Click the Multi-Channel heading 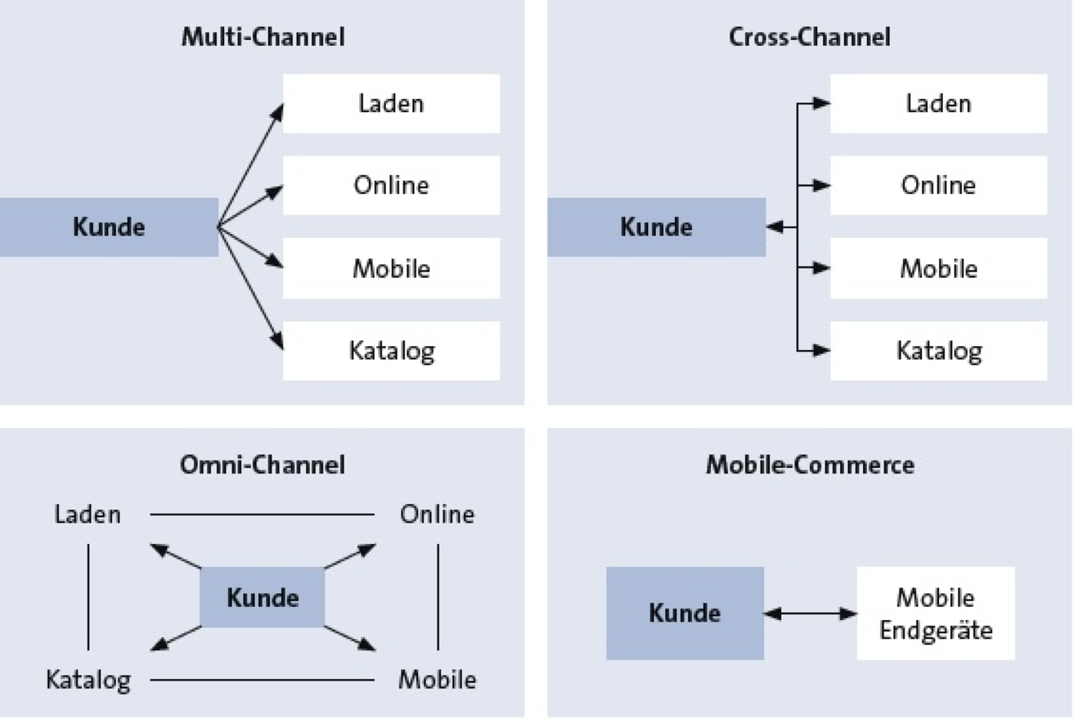click(x=262, y=37)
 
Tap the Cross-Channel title click(x=809, y=37)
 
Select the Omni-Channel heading click(x=262, y=464)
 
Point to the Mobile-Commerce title click(x=810, y=464)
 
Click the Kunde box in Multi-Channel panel click(x=109, y=227)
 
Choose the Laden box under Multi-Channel click(x=391, y=104)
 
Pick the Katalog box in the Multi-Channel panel click(x=391, y=351)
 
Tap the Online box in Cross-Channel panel click(x=939, y=185)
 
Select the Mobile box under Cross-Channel click(x=939, y=268)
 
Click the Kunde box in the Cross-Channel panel click(x=657, y=227)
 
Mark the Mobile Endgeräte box click(x=936, y=613)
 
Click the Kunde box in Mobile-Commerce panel click(x=684, y=613)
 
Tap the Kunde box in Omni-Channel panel click(x=262, y=597)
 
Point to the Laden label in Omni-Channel click(x=87, y=514)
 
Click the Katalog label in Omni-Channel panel click(x=88, y=681)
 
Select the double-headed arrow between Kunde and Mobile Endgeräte click(x=810, y=613)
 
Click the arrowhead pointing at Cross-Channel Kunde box click(x=775, y=227)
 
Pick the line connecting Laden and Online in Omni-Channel click(x=262, y=514)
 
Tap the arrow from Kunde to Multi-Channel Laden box click(x=251, y=166)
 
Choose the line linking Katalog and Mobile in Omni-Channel click(x=262, y=680)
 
